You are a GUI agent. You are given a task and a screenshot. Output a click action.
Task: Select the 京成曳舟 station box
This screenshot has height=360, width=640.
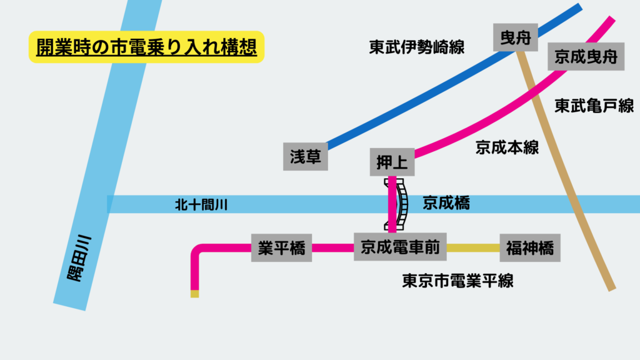[x=586, y=57]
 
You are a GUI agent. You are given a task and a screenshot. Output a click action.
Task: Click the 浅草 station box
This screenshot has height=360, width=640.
[x=306, y=156]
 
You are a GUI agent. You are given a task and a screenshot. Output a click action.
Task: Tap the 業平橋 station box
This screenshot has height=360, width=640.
[x=281, y=247]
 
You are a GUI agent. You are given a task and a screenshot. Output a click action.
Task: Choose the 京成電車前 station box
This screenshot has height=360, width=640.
[x=400, y=247]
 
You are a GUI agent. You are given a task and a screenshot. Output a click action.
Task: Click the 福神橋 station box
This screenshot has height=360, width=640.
[x=529, y=247]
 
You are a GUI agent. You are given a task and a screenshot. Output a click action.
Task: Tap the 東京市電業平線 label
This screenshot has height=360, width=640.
[x=457, y=281]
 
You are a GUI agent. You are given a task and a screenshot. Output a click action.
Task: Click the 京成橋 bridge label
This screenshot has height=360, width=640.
[x=446, y=203]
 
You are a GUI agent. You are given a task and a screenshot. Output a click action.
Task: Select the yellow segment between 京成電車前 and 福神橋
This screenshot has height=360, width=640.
[x=473, y=248]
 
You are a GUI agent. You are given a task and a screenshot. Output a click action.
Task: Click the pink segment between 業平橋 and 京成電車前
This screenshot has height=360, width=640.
[x=332, y=247]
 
